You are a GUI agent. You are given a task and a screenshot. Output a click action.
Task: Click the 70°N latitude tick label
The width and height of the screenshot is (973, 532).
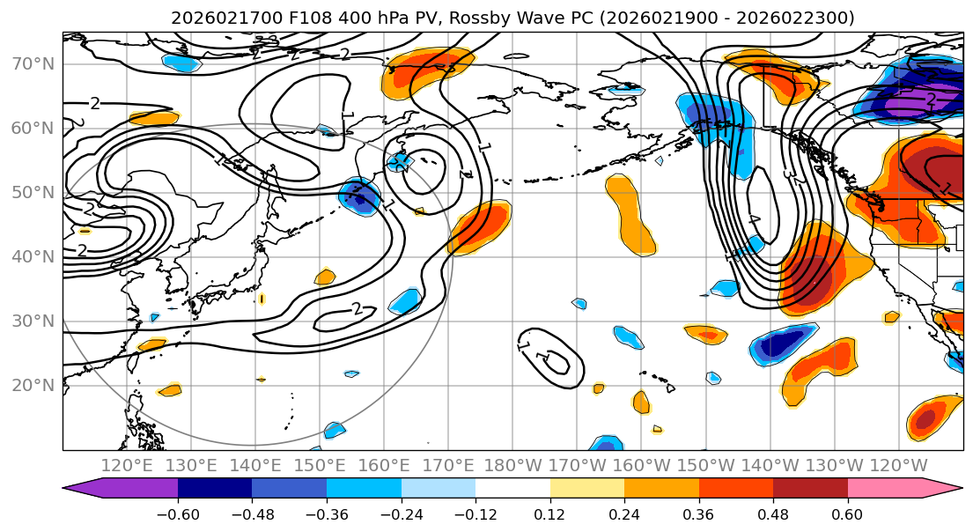[33, 63]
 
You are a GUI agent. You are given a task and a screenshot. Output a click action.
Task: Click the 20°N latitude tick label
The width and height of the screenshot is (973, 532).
[33, 385]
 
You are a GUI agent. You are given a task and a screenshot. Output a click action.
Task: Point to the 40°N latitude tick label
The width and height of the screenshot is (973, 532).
[33, 256]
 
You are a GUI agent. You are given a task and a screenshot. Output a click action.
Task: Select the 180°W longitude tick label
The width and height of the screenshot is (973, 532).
[513, 464]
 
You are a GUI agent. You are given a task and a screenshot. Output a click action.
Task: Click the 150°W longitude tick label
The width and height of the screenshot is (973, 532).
[706, 464]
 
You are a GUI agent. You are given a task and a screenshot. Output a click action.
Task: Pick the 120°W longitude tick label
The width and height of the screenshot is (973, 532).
[899, 464]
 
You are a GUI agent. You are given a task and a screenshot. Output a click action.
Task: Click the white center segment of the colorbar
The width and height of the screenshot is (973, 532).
[512, 489]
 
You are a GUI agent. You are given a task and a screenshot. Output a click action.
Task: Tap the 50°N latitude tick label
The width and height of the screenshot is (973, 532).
[33, 192]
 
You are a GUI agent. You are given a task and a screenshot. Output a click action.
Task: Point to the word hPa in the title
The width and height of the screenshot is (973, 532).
[365, 18]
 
